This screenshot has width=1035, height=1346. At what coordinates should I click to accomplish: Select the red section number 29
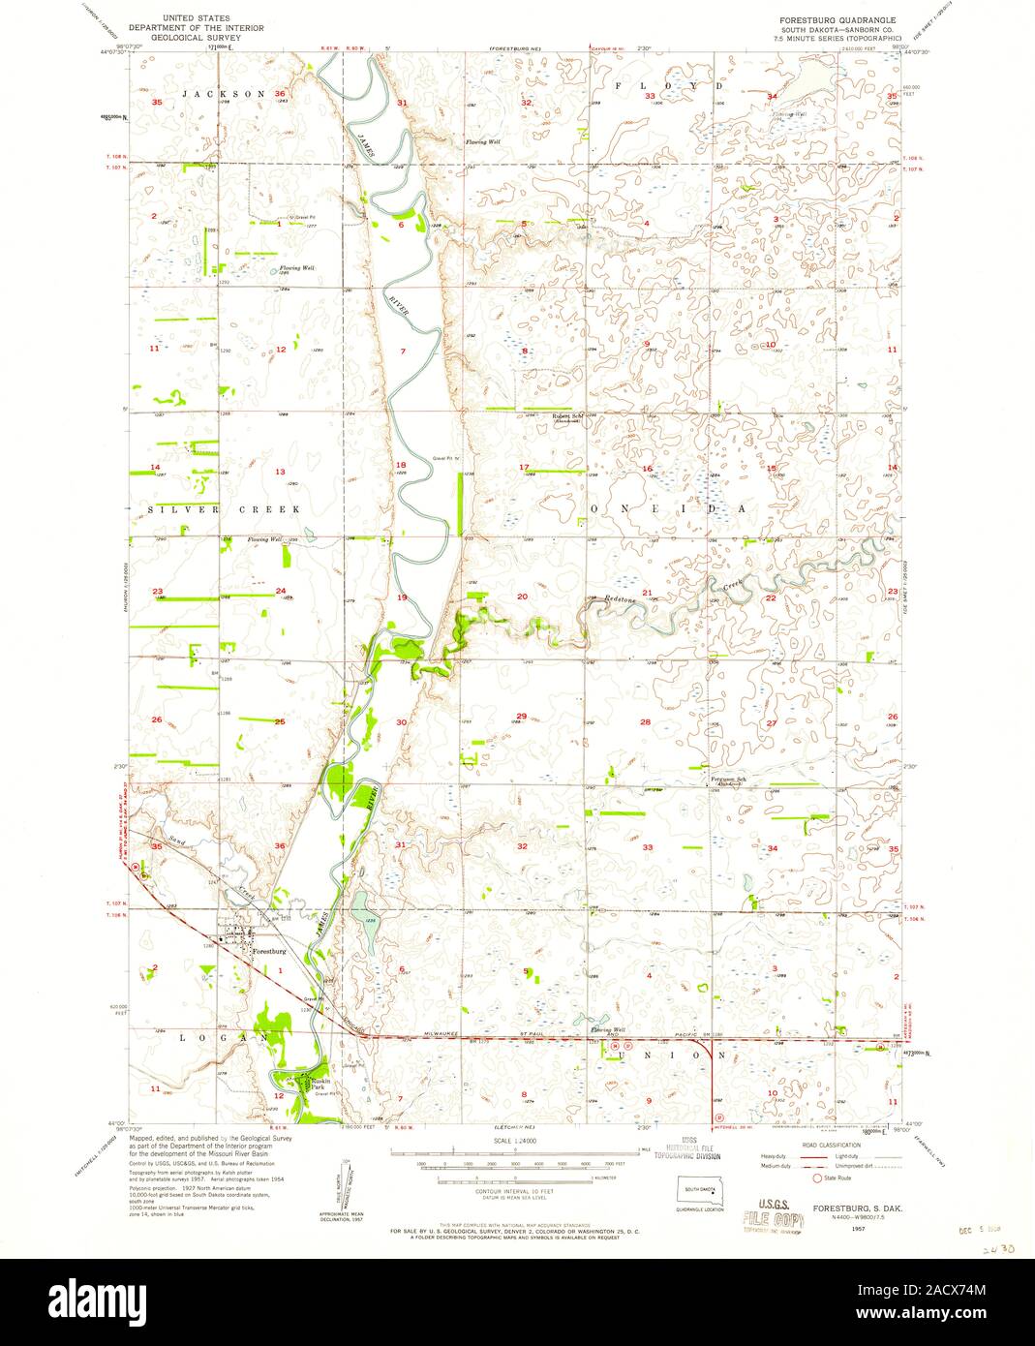[521, 716]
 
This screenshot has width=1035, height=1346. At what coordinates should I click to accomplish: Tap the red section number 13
[280, 472]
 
